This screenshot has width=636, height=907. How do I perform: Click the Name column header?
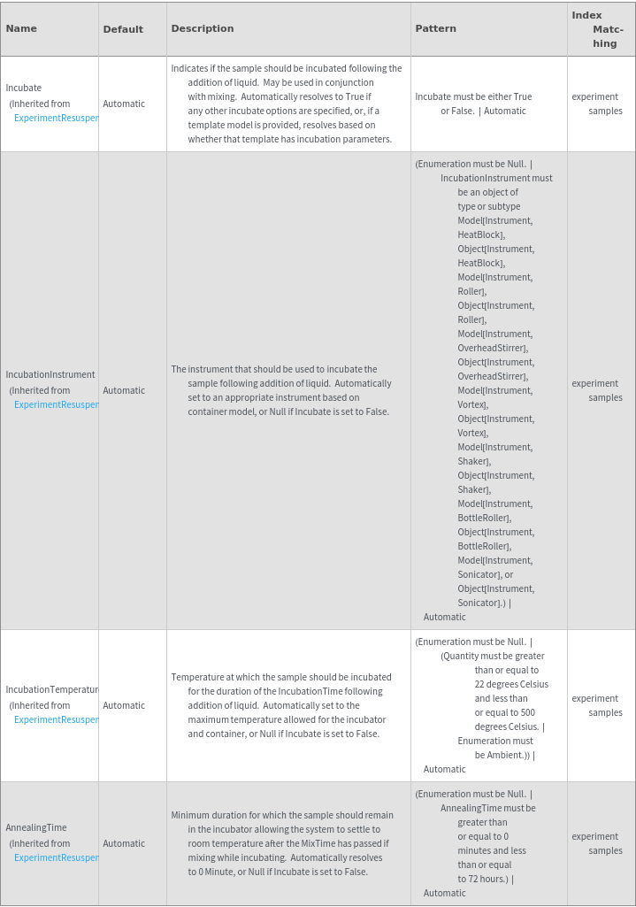click(x=21, y=28)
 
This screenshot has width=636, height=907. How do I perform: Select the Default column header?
click(x=123, y=29)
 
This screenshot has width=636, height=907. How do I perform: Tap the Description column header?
click(x=203, y=28)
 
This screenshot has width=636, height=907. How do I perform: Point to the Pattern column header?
click(x=435, y=28)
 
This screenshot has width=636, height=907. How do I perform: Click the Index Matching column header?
click(x=598, y=29)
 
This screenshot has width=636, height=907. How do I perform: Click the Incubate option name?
click(x=24, y=88)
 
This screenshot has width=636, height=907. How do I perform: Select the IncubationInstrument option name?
click(x=50, y=375)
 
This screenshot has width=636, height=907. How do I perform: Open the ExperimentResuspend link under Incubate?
click(x=56, y=119)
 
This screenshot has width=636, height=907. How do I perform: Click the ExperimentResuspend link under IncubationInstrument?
click(x=56, y=405)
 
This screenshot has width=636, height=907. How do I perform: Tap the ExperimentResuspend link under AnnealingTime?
click(x=56, y=858)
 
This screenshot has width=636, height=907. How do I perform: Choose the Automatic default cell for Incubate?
click(x=124, y=104)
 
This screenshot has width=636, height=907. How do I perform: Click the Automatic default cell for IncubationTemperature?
click(x=124, y=706)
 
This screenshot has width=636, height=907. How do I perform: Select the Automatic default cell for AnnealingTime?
click(x=124, y=844)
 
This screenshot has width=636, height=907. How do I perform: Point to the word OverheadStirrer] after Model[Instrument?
click(x=493, y=349)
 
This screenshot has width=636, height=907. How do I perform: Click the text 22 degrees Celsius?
click(x=511, y=685)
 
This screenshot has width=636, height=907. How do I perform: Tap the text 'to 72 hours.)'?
click(x=486, y=880)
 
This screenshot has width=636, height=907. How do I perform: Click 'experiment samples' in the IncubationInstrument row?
click(x=596, y=391)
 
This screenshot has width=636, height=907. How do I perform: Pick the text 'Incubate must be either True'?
click(x=473, y=97)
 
